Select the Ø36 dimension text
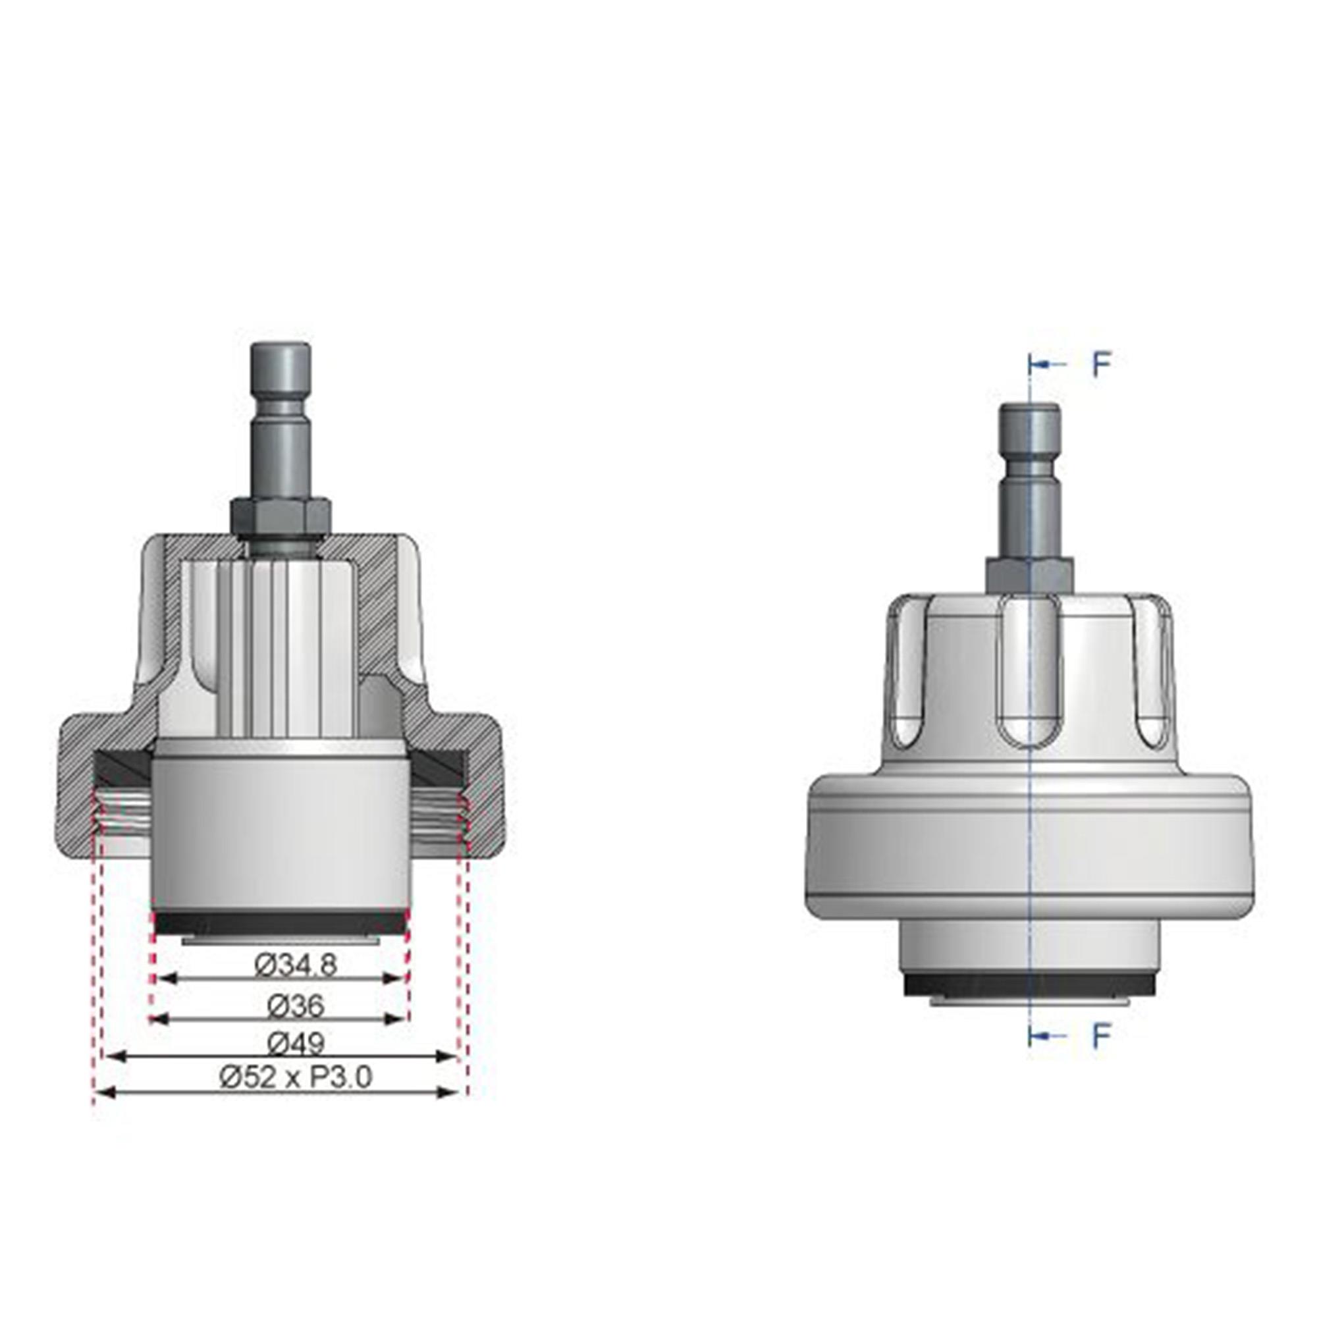[296, 1006]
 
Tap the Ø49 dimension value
[296, 1043]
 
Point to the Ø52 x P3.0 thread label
[296, 1078]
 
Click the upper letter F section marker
[1102, 365]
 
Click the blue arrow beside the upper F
[1048, 365]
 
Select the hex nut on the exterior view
[1030, 574]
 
